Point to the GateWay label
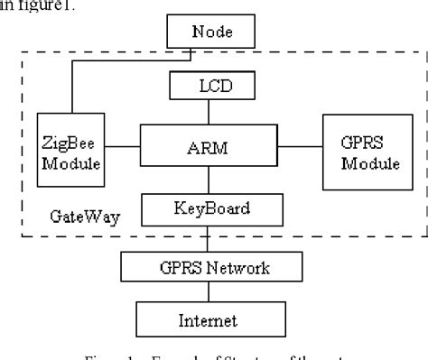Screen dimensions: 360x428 [75, 217]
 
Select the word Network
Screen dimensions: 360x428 [242, 267]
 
